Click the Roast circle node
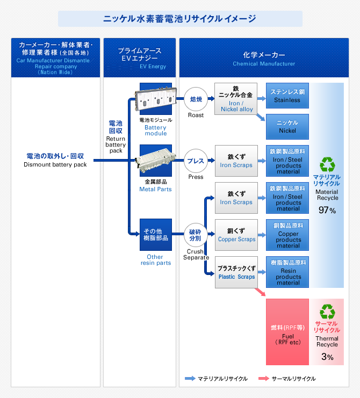196,99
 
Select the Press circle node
196,161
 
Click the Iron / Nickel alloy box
236,99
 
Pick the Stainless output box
287,96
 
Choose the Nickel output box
287,127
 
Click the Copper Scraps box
236,235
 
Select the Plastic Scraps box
236,272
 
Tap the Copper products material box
287,235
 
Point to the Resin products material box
287,272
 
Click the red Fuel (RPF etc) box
287,331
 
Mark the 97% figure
327,211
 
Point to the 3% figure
327,357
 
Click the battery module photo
155,99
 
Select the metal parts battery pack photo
155,161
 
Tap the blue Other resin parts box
155,234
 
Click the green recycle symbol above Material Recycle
327,164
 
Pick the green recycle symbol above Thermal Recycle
327,312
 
